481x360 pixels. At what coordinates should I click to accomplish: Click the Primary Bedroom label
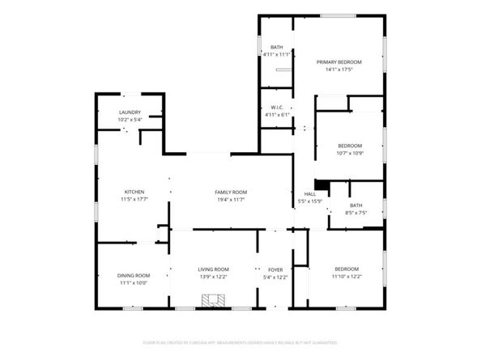(x=338, y=62)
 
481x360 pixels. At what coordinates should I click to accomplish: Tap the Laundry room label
(x=130, y=112)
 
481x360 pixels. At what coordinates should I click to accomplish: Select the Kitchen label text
(x=134, y=192)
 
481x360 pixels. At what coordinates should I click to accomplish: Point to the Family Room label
(x=231, y=192)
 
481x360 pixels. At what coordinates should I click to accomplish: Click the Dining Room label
(x=134, y=276)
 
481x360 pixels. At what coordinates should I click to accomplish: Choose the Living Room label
(x=214, y=269)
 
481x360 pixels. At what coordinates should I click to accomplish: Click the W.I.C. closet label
(x=276, y=107)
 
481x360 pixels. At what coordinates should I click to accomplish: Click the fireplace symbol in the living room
(x=215, y=301)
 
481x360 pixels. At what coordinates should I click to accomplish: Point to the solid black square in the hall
(x=321, y=184)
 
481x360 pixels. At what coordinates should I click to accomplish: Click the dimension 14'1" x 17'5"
(x=338, y=70)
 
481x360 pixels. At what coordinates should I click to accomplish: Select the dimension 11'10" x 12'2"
(x=346, y=277)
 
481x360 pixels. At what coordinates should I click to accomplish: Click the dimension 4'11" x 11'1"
(x=276, y=55)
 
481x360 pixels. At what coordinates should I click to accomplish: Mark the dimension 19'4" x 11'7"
(x=231, y=199)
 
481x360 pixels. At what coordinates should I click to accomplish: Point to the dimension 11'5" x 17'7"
(x=134, y=199)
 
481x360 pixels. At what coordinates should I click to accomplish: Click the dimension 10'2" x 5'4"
(x=130, y=120)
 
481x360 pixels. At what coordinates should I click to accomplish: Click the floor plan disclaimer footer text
(x=240, y=343)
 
